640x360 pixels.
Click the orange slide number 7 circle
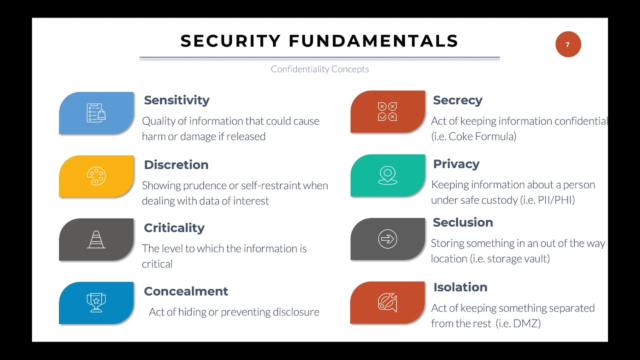(568, 44)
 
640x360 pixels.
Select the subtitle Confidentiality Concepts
(319, 69)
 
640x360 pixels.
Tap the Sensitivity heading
(176, 100)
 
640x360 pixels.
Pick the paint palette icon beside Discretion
(96, 176)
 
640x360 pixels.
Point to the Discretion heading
(176, 164)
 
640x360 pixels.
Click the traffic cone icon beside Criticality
(96, 239)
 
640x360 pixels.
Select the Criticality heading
(174, 228)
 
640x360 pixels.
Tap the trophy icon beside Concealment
(95, 302)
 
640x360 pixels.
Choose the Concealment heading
(186, 291)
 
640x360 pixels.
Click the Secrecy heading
(457, 100)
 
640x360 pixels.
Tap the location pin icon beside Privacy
(387, 175)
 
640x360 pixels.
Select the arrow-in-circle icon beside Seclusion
(387, 239)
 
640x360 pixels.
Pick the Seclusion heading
(462, 222)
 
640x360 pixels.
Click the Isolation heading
(460, 287)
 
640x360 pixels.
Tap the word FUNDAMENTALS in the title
(373, 41)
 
